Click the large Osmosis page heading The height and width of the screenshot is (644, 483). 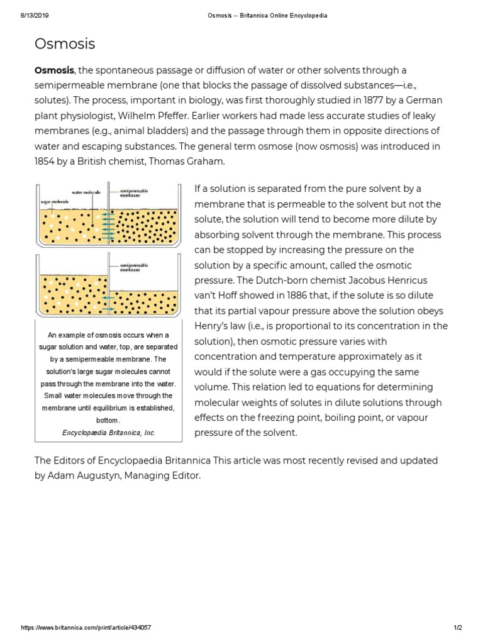click(65, 43)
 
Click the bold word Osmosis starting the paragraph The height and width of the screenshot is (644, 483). click(54, 70)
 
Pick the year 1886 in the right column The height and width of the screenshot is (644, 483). click(285, 295)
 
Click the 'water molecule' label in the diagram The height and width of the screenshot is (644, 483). click(86, 192)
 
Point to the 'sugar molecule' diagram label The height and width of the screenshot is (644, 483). click(55, 203)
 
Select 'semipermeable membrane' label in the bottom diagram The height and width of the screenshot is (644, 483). click(133, 269)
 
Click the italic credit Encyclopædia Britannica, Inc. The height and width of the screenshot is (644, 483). click(109, 433)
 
